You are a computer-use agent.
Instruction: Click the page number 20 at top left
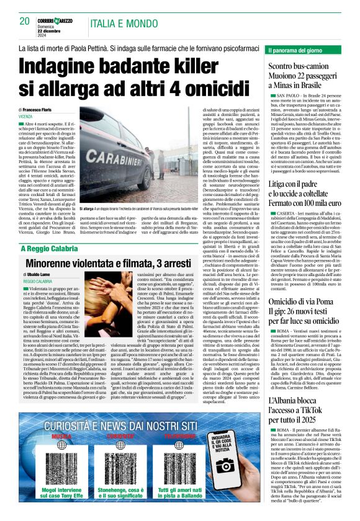25,21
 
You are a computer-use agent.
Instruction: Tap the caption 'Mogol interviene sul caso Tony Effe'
62,493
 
